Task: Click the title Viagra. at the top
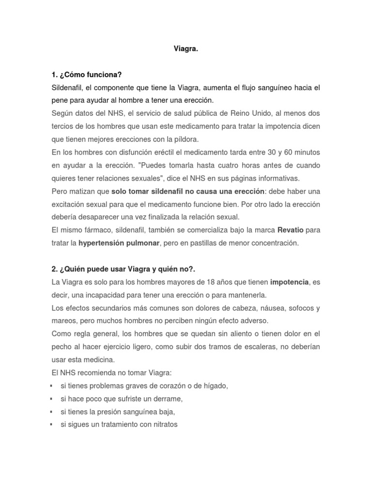[x=186, y=49]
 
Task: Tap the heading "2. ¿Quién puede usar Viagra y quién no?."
[x=124, y=269]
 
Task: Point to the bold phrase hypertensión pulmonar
[x=119, y=243]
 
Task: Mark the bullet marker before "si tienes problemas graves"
[x=52, y=386]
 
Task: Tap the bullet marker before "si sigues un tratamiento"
[x=52, y=425]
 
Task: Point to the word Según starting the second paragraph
[x=62, y=113]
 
